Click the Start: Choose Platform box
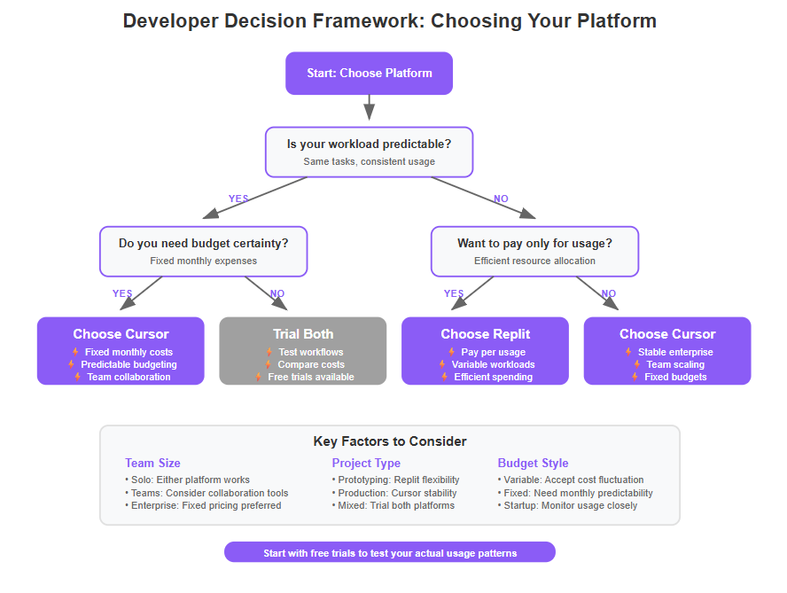369,74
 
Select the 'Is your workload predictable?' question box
369,152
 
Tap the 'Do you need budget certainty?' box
203,252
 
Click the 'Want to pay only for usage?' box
534,252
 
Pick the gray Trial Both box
302,351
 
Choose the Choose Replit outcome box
485,351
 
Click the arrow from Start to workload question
369,107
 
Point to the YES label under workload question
238,199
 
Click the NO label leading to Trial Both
277,293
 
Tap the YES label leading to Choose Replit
454,293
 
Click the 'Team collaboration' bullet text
129,377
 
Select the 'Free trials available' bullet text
311,377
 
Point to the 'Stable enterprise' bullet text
675,352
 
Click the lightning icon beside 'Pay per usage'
451,352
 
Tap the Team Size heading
152,463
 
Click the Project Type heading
366,463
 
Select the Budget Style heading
533,463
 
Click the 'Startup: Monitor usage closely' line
567,505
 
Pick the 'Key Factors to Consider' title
390,441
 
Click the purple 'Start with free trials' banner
389,552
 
